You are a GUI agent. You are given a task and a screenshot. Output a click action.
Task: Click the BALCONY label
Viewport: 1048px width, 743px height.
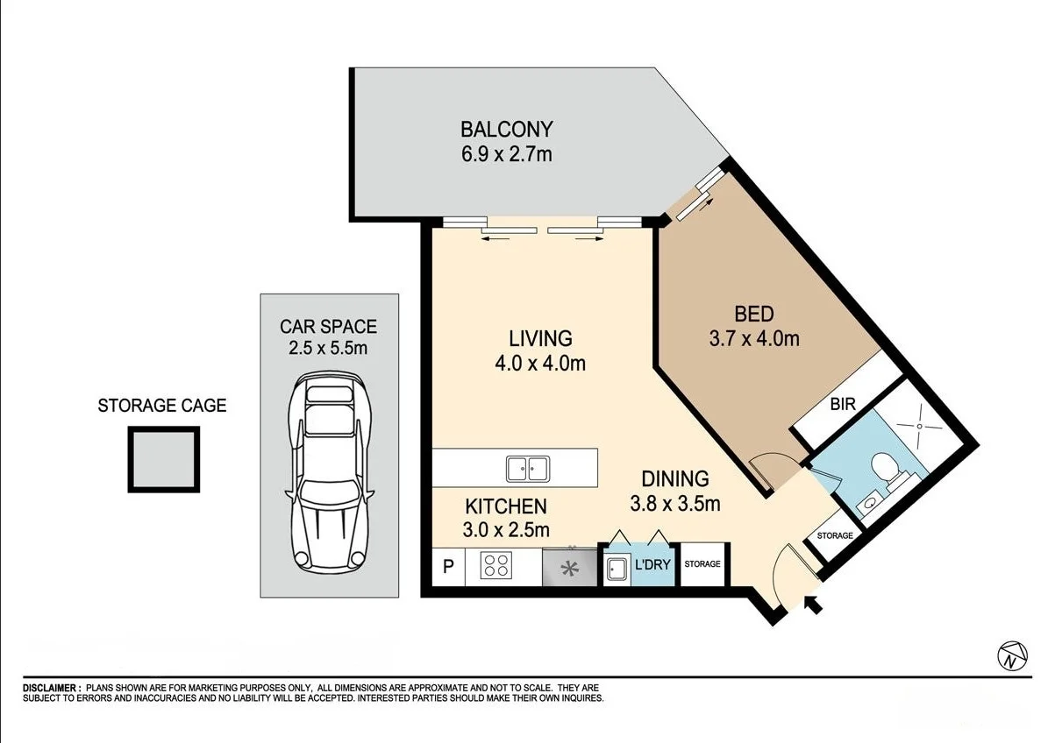pyautogui.click(x=507, y=130)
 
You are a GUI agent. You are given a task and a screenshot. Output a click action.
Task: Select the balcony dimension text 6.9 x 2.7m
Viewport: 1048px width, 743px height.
pyautogui.click(x=507, y=155)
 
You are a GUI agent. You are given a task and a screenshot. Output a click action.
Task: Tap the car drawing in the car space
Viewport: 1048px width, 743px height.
pyautogui.click(x=330, y=471)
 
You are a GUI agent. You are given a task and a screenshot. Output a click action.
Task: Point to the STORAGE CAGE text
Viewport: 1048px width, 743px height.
pyautogui.click(x=161, y=406)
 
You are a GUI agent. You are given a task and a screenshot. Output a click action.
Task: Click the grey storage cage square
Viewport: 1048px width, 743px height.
pyautogui.click(x=164, y=458)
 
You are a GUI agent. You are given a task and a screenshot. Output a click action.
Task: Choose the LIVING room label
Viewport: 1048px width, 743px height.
pyautogui.click(x=540, y=338)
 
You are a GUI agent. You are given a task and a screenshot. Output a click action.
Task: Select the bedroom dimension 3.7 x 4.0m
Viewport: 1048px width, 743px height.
pyautogui.click(x=754, y=338)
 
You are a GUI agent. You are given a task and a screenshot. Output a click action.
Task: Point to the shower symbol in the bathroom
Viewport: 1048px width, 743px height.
pyautogui.click(x=918, y=425)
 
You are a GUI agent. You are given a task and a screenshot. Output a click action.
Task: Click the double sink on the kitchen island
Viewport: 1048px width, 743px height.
pyautogui.click(x=527, y=468)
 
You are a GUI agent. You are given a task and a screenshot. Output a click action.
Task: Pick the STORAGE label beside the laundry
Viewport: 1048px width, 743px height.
pyautogui.click(x=702, y=564)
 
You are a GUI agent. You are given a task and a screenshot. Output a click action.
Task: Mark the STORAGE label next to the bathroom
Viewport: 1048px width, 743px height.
pyautogui.click(x=834, y=535)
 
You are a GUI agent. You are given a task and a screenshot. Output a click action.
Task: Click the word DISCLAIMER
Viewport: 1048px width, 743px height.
pyautogui.click(x=51, y=689)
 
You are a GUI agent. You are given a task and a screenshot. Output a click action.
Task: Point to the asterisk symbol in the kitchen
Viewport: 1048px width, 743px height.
pyautogui.click(x=570, y=569)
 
